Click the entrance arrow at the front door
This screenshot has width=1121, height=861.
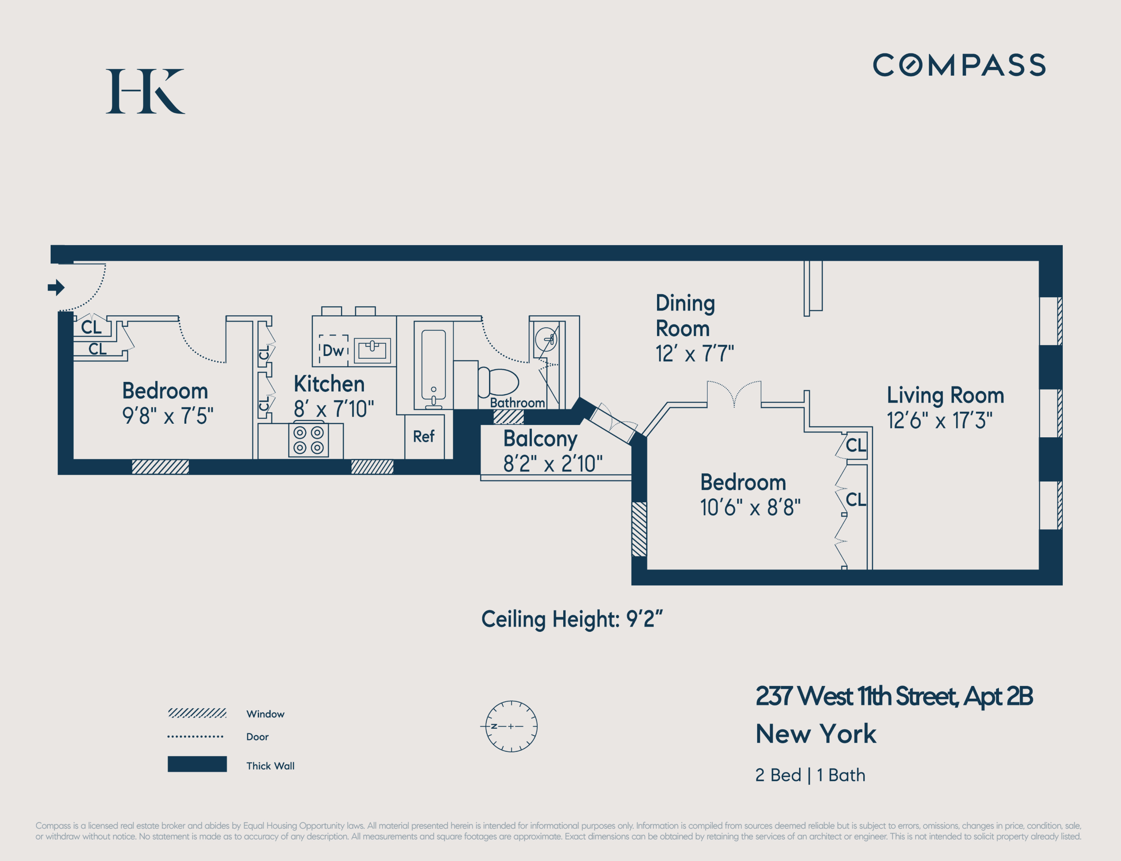(x=56, y=287)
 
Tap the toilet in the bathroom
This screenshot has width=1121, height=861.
(x=498, y=382)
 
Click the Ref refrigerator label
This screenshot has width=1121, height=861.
(x=424, y=436)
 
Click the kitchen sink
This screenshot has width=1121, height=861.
(x=372, y=350)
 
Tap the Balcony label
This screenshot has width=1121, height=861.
(x=540, y=439)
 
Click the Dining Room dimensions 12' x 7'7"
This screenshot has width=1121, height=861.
(x=695, y=354)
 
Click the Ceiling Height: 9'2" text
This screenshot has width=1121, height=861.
(x=572, y=619)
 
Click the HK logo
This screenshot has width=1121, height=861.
(x=145, y=91)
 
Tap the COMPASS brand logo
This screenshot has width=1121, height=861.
(x=959, y=65)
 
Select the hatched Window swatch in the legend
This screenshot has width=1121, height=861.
(x=197, y=713)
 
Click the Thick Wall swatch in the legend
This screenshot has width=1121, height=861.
(x=197, y=764)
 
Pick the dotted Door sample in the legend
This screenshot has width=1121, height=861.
(x=195, y=737)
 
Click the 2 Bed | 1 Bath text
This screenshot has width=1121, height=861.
(x=810, y=775)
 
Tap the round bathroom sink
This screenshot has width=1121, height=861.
(x=546, y=339)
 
